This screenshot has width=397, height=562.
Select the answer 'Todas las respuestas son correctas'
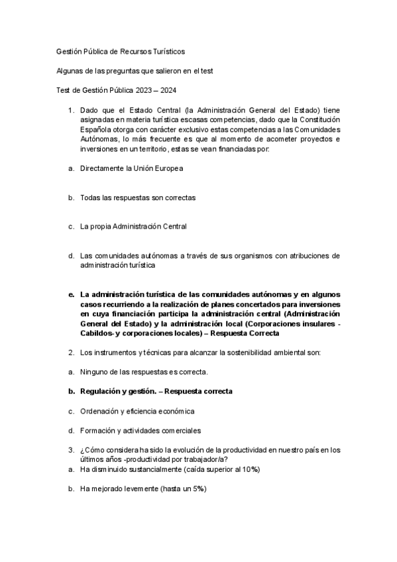pos(137,197)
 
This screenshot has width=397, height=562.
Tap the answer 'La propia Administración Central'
pos(133,227)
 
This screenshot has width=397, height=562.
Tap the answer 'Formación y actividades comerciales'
pos(141,430)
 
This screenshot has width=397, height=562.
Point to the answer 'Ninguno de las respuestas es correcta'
pos(144,372)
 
